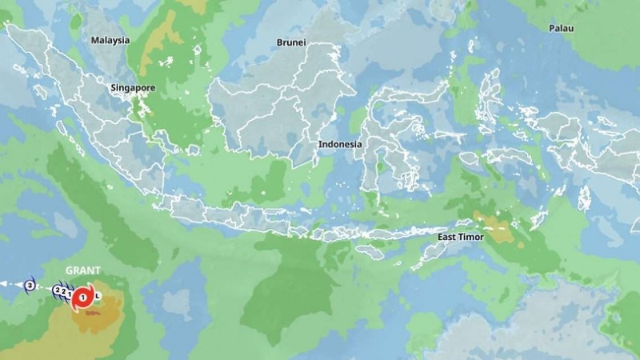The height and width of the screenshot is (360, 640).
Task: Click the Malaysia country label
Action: [x=110, y=40]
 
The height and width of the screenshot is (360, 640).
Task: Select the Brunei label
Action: [x=291, y=42]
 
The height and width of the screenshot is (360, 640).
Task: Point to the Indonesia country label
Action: [x=340, y=145]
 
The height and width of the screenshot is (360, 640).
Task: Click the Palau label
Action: [x=562, y=28]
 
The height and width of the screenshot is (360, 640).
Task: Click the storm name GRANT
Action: [x=82, y=271]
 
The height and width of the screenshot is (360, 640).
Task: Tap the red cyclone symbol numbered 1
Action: [x=82, y=298]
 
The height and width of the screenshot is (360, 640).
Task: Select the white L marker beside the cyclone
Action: [x=98, y=296]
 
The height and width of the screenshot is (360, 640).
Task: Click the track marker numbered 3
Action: [x=30, y=284]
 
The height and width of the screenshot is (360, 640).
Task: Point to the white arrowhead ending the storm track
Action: [x=3, y=284]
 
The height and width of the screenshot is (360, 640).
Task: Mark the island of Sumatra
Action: [x=88, y=120]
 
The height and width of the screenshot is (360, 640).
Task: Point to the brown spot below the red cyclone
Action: [x=90, y=313]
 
